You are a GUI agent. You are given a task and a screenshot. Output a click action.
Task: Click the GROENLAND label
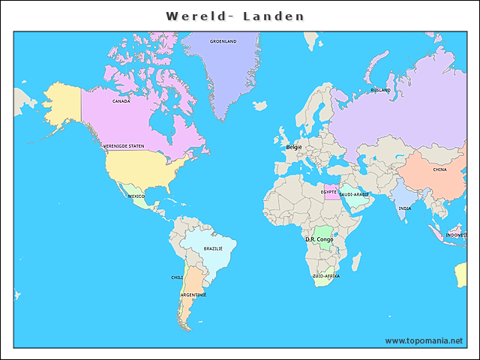click(x=223, y=41)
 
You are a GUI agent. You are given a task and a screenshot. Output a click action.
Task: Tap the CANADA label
click(x=121, y=100)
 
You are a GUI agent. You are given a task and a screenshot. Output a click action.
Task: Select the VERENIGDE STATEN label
click(x=124, y=146)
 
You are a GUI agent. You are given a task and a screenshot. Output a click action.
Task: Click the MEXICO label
click(x=136, y=196)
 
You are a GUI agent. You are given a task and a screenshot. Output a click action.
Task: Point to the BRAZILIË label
click(x=213, y=248)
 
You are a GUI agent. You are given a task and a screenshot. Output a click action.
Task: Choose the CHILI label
click(x=177, y=277)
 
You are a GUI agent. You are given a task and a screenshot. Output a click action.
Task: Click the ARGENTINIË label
click(x=193, y=295)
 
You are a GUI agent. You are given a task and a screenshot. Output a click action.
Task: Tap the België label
click(x=294, y=147)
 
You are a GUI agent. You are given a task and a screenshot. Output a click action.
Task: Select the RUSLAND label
click(x=380, y=90)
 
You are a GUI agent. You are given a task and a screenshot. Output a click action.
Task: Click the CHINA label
click(x=439, y=169)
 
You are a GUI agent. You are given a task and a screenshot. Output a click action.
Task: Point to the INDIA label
click(x=404, y=208)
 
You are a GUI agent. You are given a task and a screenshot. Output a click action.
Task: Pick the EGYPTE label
click(x=328, y=192)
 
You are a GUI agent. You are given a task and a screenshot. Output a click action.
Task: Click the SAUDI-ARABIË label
click(x=354, y=194)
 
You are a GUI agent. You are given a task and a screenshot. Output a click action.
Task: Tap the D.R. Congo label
click(x=319, y=239)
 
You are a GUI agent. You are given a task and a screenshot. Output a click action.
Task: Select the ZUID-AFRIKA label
click(x=326, y=276)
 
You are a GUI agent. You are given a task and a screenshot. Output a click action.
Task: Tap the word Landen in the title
click(x=274, y=16)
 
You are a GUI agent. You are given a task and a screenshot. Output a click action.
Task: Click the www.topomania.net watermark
click(x=424, y=340)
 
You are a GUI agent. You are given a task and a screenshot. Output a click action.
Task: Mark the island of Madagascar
click(x=356, y=262)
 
